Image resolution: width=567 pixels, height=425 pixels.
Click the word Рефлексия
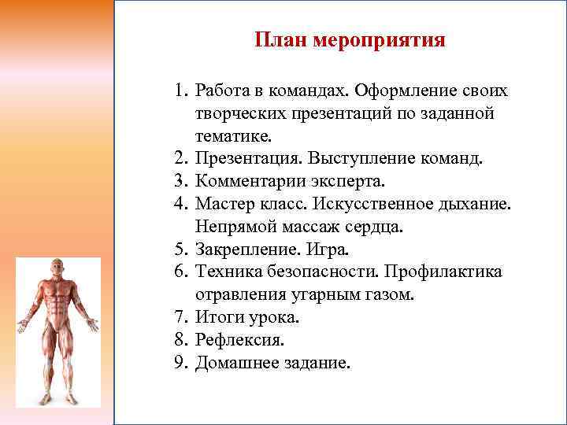tap(239, 340)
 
